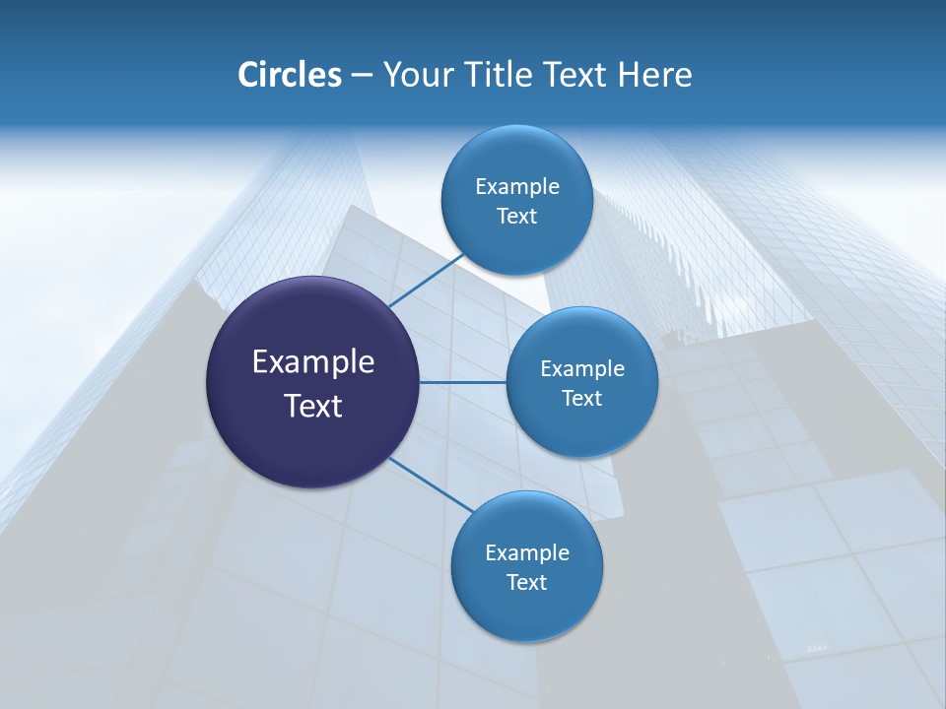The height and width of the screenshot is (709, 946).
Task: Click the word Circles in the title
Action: [x=289, y=75]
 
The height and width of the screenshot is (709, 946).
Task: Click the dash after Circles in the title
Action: [x=362, y=76]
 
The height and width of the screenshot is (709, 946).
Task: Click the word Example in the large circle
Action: [x=313, y=361]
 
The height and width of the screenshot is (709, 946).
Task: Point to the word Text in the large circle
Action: [x=313, y=405]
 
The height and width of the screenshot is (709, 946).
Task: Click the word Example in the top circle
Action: [x=516, y=186]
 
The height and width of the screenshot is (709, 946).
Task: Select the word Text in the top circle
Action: [x=516, y=216]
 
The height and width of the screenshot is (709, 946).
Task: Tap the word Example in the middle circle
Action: [x=581, y=368]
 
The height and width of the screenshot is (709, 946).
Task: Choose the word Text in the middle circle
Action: [x=581, y=398]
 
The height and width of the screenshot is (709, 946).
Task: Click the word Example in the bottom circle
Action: [x=526, y=552]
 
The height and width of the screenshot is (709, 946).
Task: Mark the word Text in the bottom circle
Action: [x=526, y=582]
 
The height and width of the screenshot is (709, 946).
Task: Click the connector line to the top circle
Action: [x=426, y=281]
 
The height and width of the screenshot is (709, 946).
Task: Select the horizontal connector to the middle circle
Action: [x=462, y=382]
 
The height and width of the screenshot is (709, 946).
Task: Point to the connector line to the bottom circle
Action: [x=431, y=485]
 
